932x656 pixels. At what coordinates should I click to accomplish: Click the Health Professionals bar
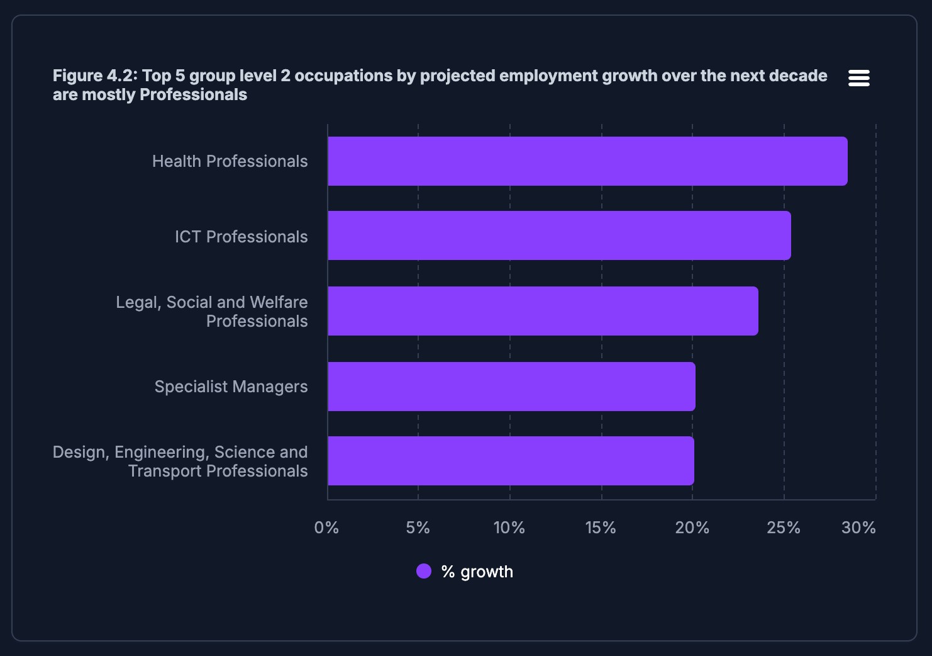click(587, 161)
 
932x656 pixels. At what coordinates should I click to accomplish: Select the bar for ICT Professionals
click(559, 235)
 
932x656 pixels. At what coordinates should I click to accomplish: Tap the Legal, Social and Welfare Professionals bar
click(543, 311)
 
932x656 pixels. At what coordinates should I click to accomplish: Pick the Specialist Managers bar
click(511, 387)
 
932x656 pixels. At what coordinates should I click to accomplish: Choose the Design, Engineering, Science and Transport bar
click(511, 461)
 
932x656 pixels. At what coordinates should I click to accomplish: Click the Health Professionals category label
click(230, 161)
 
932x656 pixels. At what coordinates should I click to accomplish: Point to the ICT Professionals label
click(241, 237)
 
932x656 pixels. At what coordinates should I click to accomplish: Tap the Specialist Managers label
click(231, 387)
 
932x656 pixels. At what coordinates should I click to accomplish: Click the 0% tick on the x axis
click(326, 528)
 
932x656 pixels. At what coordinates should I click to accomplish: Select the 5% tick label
click(418, 528)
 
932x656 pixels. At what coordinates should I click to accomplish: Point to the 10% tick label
click(509, 528)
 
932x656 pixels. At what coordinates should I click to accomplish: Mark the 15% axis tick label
click(601, 528)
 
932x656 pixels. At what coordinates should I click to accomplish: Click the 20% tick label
click(692, 528)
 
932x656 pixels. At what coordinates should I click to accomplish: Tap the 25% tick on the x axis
click(783, 528)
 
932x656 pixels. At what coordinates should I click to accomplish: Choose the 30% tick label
click(858, 528)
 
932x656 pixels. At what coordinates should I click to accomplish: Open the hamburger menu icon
click(858, 78)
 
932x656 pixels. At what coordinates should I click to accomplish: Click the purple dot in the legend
click(424, 571)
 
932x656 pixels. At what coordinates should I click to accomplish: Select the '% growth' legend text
click(477, 572)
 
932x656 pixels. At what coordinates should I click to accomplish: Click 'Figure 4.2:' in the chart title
click(95, 76)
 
